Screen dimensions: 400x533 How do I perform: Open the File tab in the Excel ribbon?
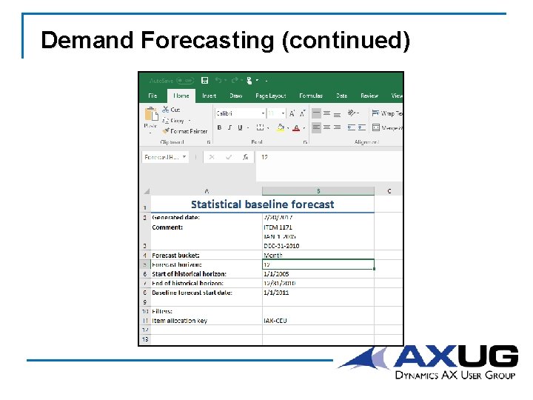152,96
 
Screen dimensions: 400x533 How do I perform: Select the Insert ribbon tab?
209,96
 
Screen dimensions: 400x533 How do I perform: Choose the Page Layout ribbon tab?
270,96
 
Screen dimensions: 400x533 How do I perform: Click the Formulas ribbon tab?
311,96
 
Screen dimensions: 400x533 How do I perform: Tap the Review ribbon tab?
369,96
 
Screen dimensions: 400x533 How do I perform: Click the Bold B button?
219,127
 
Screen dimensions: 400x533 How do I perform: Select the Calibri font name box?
239,113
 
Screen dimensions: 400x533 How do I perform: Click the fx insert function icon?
245,157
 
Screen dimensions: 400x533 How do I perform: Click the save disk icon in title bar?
204,80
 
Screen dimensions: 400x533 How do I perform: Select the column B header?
318,190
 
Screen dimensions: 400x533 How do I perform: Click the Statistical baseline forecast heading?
262,204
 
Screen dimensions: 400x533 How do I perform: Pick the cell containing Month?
273,256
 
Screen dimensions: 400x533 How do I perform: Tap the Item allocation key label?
180,321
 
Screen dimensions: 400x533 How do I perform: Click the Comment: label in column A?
167,227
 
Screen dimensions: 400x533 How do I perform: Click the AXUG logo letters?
455,356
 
